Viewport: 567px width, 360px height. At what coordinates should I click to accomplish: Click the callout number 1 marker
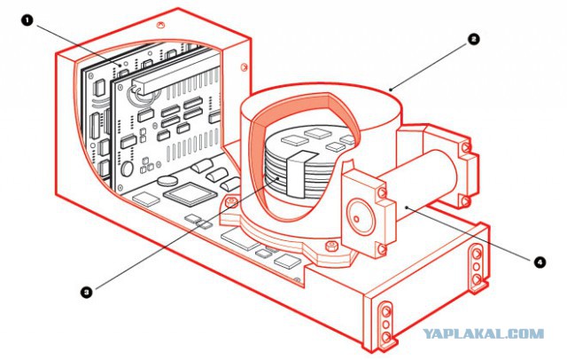27,21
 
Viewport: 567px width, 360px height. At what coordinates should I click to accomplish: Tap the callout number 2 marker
473,39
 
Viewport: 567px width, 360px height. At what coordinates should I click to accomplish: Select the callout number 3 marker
86,293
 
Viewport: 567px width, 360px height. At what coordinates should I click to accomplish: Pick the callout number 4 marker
540,262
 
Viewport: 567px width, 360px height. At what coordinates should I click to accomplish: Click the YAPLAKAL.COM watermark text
484,333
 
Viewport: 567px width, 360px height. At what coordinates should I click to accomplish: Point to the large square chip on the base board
190,194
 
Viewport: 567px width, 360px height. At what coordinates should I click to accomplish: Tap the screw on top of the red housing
160,25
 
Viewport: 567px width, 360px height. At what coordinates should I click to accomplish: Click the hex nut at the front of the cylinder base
330,246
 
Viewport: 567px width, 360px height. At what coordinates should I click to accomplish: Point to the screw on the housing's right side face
245,67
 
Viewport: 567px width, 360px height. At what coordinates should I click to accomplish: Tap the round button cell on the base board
168,180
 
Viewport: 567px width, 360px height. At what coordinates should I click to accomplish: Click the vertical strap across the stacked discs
300,175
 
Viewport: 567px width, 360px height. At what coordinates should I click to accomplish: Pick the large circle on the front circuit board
127,168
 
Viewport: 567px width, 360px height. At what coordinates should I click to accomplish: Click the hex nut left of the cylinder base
230,201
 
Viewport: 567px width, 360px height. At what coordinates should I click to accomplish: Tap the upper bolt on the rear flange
466,147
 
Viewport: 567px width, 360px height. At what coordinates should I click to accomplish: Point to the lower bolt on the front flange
382,248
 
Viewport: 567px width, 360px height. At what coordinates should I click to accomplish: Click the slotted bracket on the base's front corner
386,323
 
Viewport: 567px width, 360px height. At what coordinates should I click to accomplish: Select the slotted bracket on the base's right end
477,267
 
